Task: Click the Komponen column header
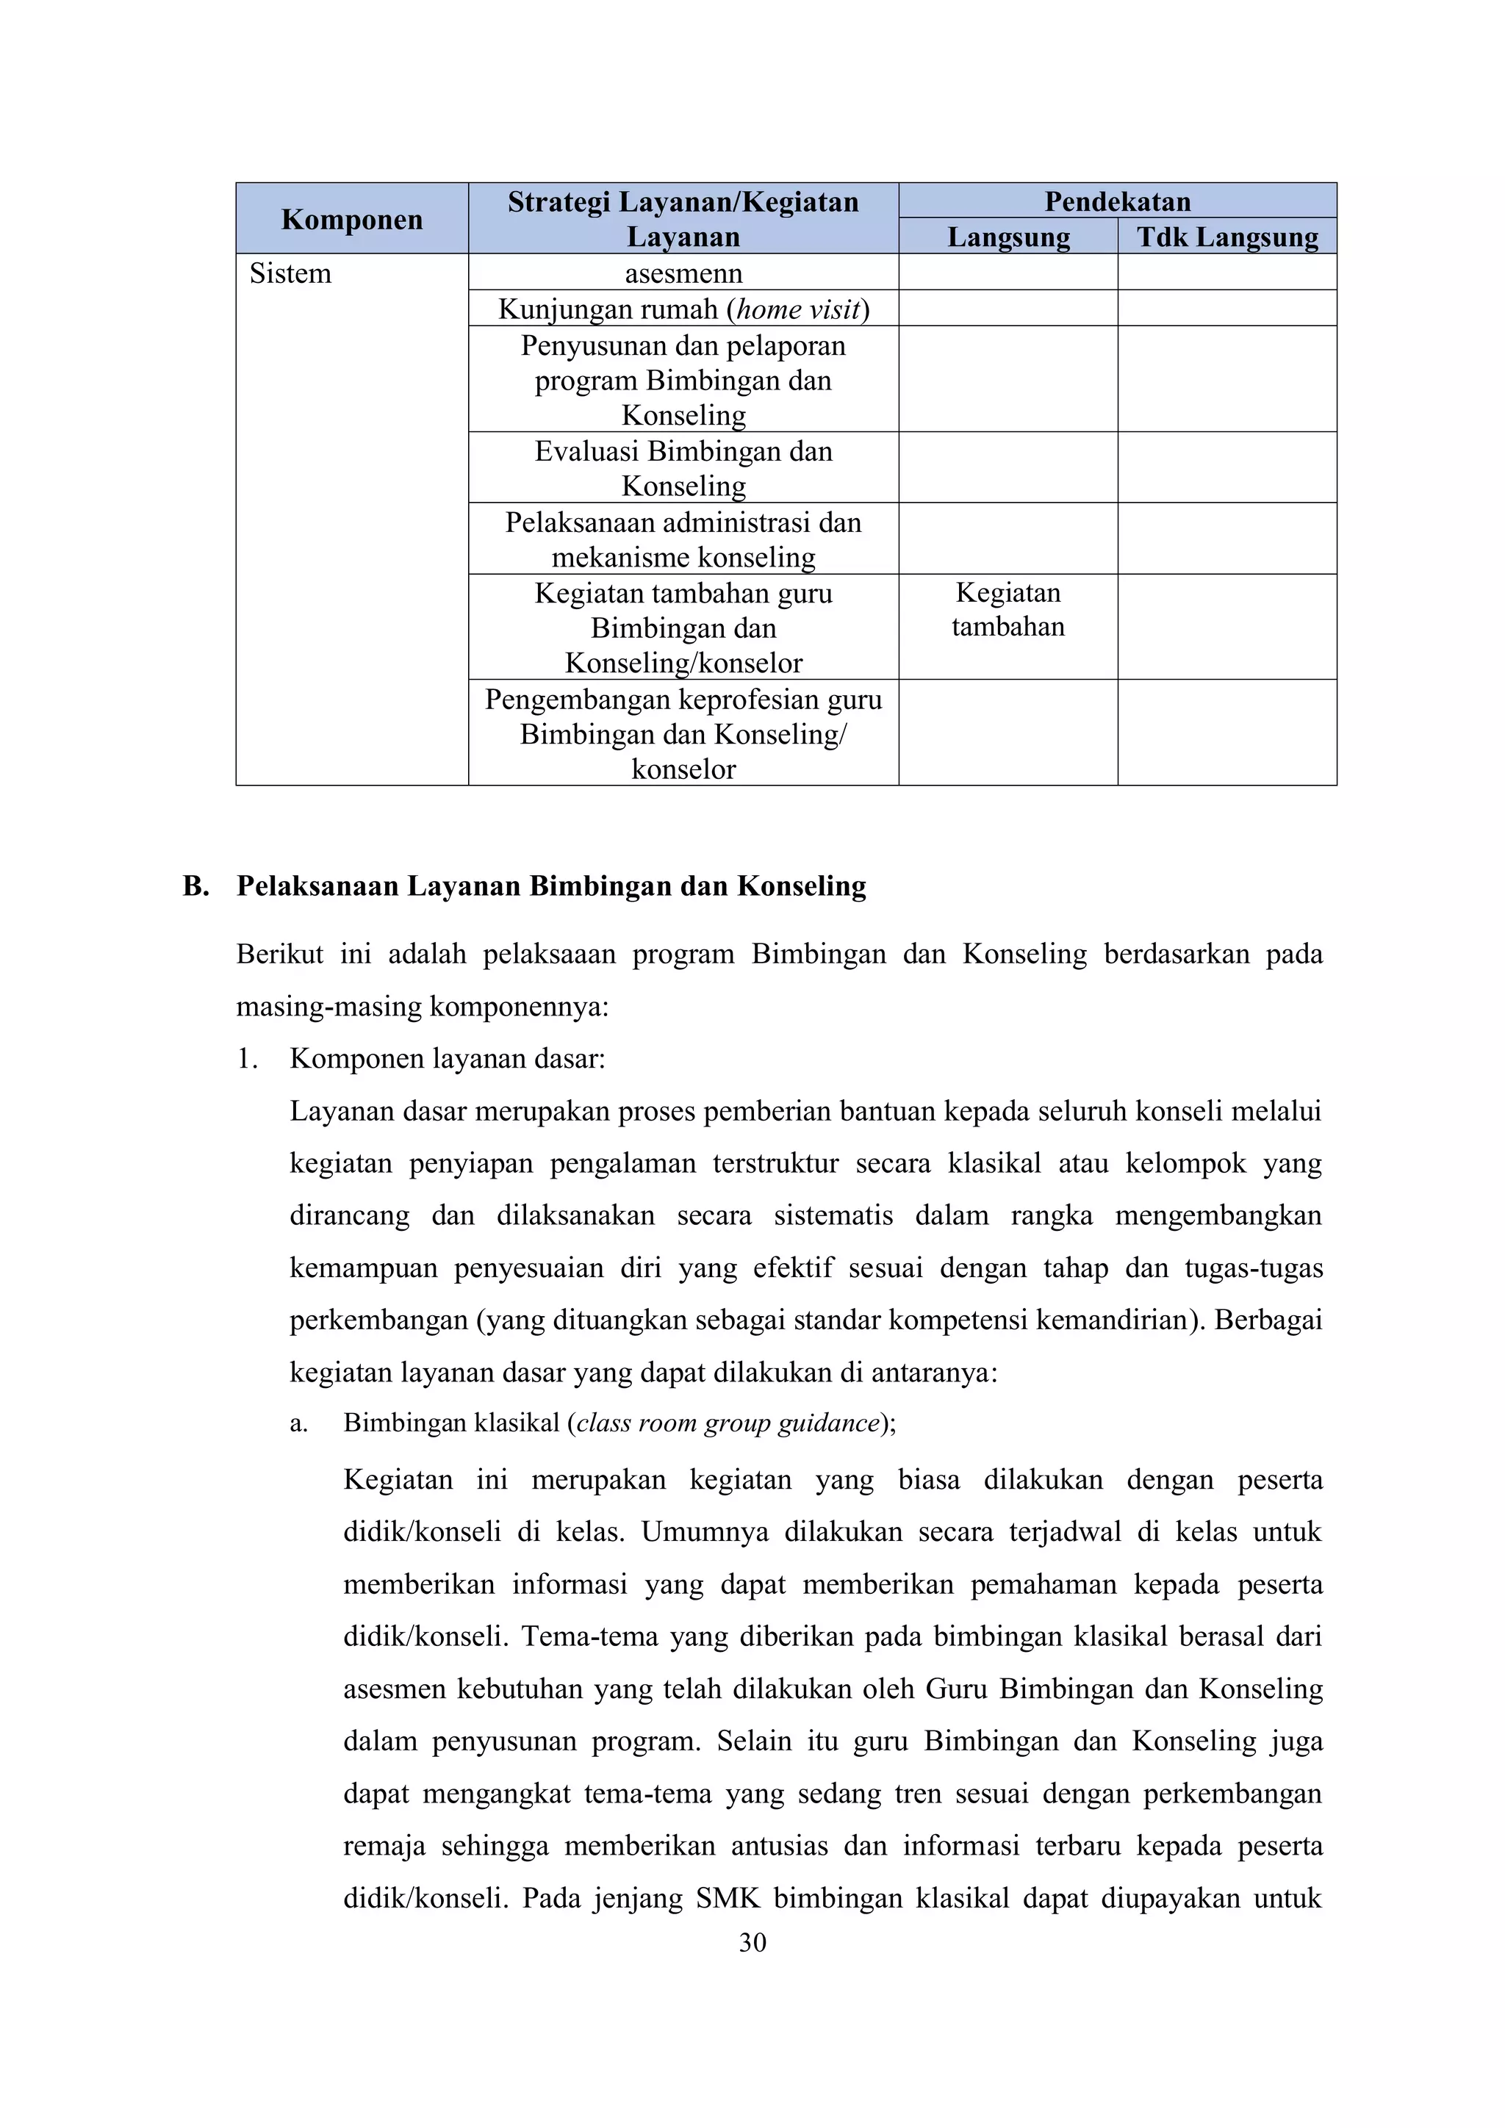pyautogui.click(x=351, y=220)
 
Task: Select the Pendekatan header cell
pyautogui.click(x=1117, y=201)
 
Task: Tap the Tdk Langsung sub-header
pyautogui.click(x=1227, y=237)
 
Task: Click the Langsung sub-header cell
pyautogui.click(x=1008, y=237)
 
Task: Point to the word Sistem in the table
pyautogui.click(x=290, y=273)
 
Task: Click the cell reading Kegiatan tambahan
pyautogui.click(x=1007, y=610)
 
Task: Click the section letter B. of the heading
pyautogui.click(x=195, y=886)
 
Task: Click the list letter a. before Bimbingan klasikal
pyautogui.click(x=298, y=1423)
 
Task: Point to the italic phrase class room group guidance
pyautogui.click(x=727, y=1423)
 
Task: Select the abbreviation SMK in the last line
pyautogui.click(x=728, y=1898)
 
